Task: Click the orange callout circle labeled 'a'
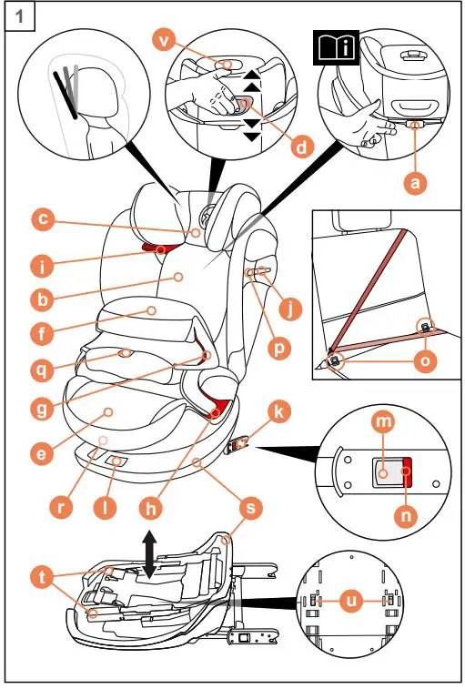tap(415, 182)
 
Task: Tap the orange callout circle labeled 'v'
tap(164, 40)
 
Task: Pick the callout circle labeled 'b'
tap(40, 298)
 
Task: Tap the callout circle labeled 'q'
tap(40, 370)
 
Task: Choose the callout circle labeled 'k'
tap(280, 412)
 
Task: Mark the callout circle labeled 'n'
tap(407, 514)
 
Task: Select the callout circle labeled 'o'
tap(425, 361)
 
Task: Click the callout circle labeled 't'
tap(40, 576)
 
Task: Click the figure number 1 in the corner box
tap(16, 15)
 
